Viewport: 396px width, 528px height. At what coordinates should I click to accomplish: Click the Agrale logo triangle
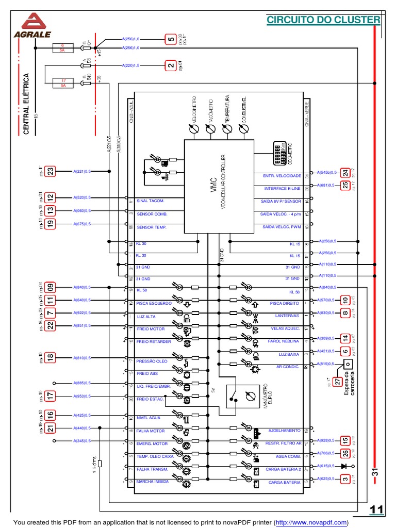tap(36, 22)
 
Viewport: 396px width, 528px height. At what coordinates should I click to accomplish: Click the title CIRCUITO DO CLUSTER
tap(323, 20)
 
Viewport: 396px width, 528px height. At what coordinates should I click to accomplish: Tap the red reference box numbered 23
tap(51, 171)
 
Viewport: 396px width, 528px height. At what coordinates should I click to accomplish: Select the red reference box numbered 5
tap(170, 39)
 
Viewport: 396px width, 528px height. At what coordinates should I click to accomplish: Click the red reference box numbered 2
tap(170, 65)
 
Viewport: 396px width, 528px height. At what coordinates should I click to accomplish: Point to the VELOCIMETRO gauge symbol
tap(194, 131)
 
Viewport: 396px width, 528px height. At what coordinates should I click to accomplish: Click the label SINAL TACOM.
tap(151, 201)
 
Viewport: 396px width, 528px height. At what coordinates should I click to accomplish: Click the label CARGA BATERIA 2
tap(283, 470)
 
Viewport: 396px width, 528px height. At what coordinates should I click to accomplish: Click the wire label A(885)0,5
tap(82, 383)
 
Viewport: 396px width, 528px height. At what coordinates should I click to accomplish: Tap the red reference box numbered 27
tap(338, 382)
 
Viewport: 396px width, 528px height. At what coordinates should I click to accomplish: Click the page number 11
tap(376, 510)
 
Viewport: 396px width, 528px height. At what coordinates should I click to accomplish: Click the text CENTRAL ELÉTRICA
tap(26, 104)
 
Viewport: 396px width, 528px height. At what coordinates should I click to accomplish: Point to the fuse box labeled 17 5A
tap(63, 82)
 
